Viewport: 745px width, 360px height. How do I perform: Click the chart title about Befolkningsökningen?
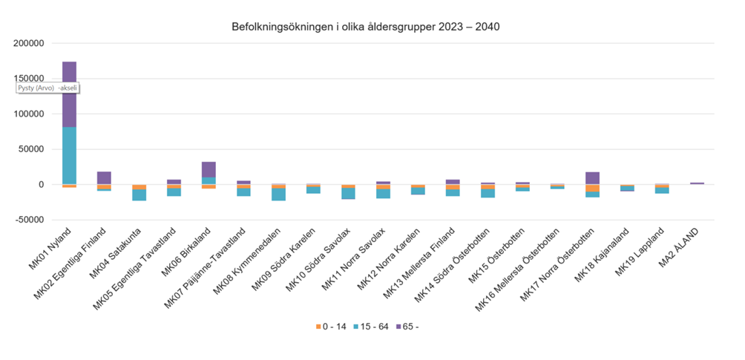pos(366,27)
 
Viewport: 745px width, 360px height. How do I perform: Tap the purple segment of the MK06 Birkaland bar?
pos(209,169)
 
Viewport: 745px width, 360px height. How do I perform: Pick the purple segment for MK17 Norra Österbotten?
pos(592,178)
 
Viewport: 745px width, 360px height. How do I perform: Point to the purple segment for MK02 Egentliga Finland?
pos(104,177)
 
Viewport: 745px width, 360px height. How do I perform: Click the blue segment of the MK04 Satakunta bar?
pos(139,195)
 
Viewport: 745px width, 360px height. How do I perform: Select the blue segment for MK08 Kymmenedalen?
pos(278,194)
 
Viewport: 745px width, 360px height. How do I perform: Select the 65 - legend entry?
pos(412,327)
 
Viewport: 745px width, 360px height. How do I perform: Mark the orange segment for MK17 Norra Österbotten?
pos(592,188)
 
